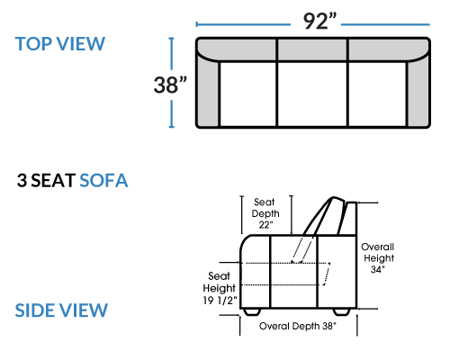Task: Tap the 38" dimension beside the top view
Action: [x=170, y=85]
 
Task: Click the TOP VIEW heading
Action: [x=60, y=44]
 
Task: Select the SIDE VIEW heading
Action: [x=61, y=310]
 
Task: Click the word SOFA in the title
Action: [x=103, y=180]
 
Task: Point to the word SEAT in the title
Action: [x=53, y=180]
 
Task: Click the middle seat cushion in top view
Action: [x=312, y=94]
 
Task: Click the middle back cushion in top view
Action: [x=312, y=49]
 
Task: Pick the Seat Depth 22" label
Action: [x=265, y=213]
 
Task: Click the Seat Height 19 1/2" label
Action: [x=220, y=288]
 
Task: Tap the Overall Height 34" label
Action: [x=378, y=258]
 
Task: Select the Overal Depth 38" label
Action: [x=298, y=326]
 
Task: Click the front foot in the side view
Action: [x=252, y=311]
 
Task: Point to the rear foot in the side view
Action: [x=342, y=311]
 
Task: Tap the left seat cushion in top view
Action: [x=248, y=94]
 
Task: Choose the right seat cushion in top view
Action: [x=377, y=94]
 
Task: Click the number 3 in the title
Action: [x=22, y=180]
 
